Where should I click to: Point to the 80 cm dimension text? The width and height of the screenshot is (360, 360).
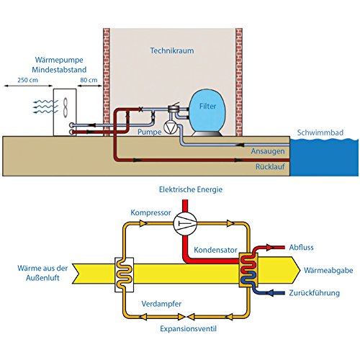(89, 81)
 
